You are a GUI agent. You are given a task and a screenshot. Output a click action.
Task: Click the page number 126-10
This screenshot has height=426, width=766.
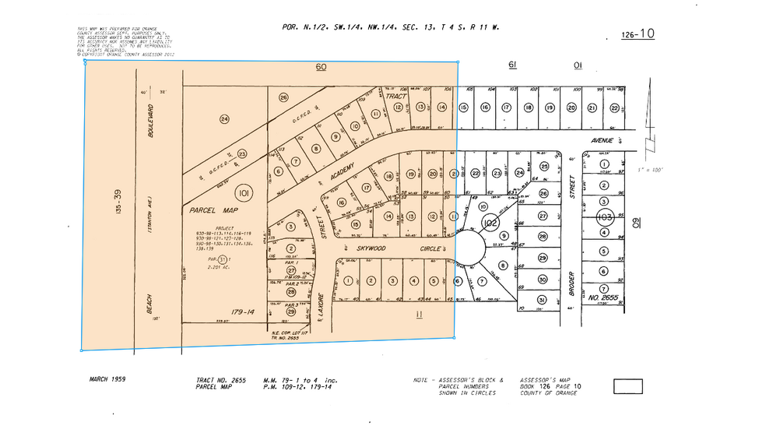638,34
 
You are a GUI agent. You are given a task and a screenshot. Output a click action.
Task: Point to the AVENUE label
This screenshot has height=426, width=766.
602,141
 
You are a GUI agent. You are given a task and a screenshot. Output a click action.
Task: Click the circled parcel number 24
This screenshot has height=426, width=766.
224,119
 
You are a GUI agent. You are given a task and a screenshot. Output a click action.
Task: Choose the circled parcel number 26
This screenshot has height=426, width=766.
283,97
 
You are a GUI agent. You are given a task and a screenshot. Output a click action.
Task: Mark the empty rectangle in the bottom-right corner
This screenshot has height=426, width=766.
627,386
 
